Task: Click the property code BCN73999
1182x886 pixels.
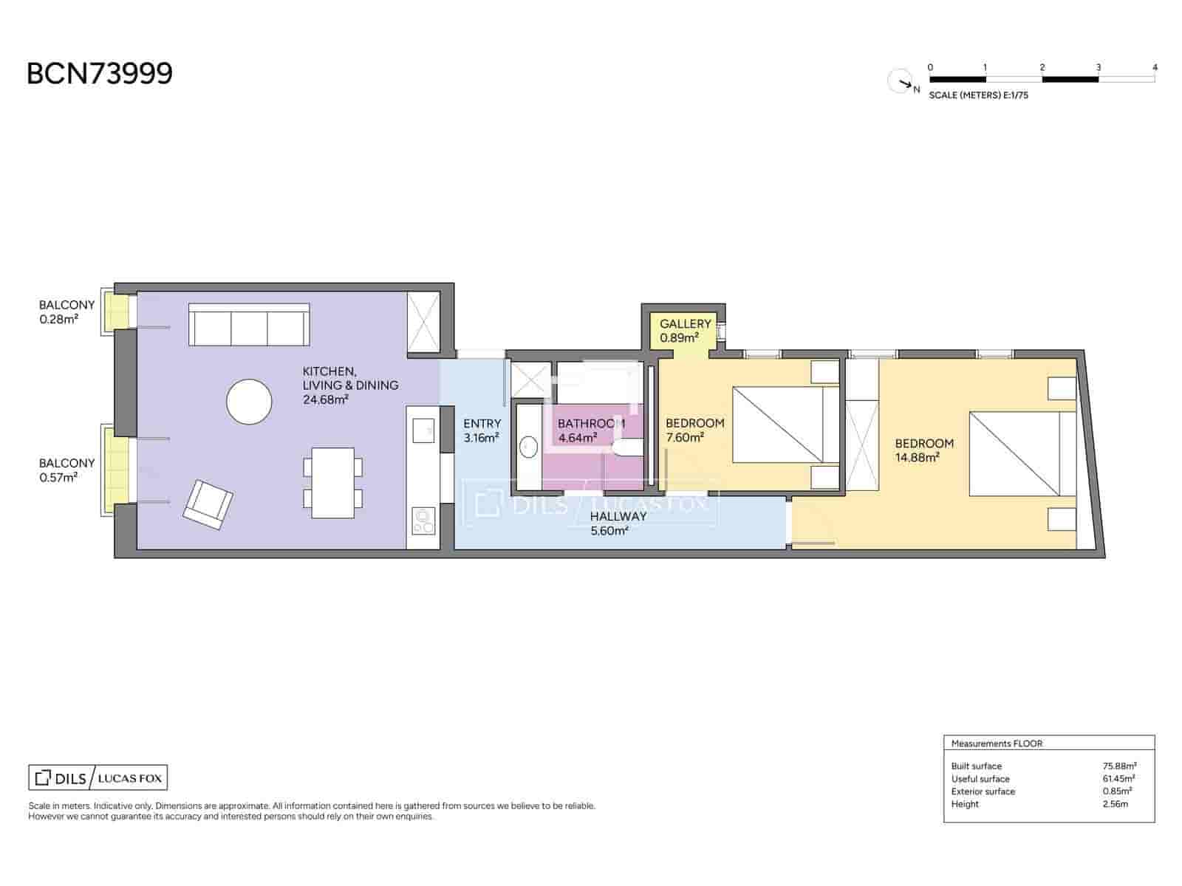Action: pos(100,73)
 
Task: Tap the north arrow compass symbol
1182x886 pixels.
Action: pos(901,81)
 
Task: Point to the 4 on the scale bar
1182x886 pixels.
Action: pos(1155,67)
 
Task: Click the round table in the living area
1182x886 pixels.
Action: pos(249,402)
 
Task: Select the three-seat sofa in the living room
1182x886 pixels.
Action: pos(249,324)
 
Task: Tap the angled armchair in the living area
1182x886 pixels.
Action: pos(208,504)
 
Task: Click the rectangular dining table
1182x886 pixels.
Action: pos(332,483)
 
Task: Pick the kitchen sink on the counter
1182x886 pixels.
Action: pos(423,430)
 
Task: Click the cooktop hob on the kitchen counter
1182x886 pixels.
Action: pos(423,521)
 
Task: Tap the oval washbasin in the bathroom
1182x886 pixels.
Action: pos(529,447)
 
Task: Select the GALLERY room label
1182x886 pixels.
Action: pos(686,324)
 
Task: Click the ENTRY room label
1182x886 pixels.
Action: pos(482,424)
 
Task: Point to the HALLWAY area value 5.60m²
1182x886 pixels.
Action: pos(609,531)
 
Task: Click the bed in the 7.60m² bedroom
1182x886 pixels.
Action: pos(786,425)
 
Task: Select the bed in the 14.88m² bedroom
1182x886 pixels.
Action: pos(1022,454)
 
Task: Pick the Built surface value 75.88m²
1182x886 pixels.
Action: pos(1119,766)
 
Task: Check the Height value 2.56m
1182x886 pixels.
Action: pos(1116,804)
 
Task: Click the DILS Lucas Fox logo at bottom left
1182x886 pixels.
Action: pos(98,777)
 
